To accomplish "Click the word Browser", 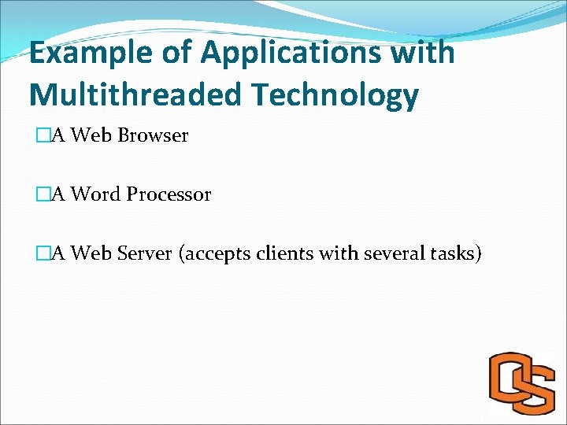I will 153,135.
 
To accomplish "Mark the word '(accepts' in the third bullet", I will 215,254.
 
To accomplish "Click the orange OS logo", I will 521,383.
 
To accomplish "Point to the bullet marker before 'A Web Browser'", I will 43,135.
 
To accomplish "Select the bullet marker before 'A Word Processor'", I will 43,194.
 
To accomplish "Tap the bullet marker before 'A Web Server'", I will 43,253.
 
